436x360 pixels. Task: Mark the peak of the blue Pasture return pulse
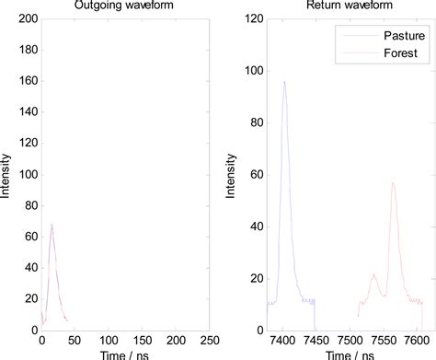[x=284, y=81]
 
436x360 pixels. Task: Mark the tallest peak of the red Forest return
[x=393, y=182]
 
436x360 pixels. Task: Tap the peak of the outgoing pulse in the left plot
[x=52, y=224]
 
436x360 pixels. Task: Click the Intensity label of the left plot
[x=6, y=174]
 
